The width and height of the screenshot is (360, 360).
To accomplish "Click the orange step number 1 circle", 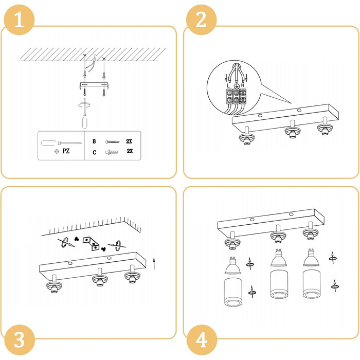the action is click(20, 20).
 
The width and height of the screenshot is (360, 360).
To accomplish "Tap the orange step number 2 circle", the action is click(202, 20).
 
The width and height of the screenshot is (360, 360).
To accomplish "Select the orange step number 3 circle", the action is click(20, 340).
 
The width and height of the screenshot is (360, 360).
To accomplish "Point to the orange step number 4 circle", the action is click(202, 340).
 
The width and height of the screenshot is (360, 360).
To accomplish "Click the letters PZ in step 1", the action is click(66, 151).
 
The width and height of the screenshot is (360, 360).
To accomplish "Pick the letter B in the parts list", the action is click(94, 141).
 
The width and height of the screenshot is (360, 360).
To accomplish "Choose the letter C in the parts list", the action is click(94, 152).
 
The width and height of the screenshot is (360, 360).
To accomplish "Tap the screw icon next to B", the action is click(113, 141).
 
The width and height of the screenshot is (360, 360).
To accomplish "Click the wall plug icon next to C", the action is click(112, 152).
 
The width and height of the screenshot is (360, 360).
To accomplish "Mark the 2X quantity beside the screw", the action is click(129, 141).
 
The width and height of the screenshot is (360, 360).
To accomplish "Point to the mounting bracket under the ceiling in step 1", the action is click(94, 85).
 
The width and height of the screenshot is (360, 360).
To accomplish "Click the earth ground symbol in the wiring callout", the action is click(236, 86).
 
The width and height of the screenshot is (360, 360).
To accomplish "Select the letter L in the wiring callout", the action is click(228, 86).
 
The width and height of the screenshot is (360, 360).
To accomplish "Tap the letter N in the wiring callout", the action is click(243, 85).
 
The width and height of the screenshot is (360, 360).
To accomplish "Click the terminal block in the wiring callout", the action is click(236, 97).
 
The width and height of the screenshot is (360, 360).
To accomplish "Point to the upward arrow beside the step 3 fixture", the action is click(154, 263).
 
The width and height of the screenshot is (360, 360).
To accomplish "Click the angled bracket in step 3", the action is click(91, 243).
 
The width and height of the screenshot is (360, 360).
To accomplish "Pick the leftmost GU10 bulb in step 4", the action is click(232, 265).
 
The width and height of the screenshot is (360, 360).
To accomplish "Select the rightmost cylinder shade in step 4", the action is click(311, 284).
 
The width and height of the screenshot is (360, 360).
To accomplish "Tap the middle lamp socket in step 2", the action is click(293, 130).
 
